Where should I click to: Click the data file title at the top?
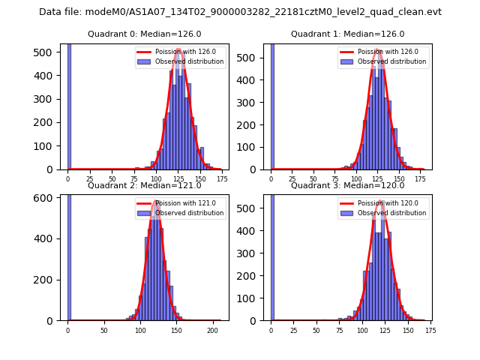click(240, 12)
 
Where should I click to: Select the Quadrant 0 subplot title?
click(144, 34)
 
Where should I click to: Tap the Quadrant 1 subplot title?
click(347, 34)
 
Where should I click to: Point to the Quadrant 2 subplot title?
click(144, 185)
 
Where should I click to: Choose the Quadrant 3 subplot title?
click(347, 185)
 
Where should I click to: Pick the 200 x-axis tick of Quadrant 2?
click(213, 330)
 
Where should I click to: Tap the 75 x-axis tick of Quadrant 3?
click(339, 330)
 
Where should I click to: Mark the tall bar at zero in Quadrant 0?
click(69, 105)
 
